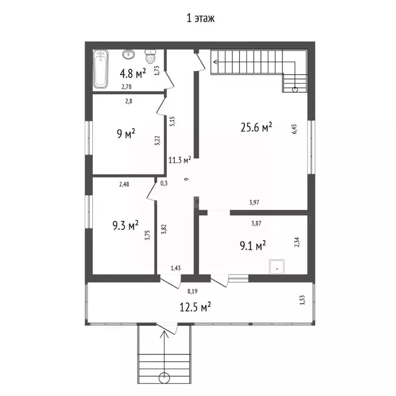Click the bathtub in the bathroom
101,69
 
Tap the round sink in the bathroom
128,54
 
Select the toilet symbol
150,56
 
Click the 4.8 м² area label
133,73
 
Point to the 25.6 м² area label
256,127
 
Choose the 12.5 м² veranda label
195,307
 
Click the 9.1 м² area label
253,245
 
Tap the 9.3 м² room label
125,225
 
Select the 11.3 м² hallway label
179,160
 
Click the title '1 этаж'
201,19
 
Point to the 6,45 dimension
294,129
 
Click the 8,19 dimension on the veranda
192,291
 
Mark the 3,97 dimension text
254,202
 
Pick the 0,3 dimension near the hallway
164,184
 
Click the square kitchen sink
277,267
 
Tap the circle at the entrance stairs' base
164,378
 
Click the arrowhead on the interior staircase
215,62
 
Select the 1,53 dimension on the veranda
302,300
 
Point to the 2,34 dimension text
297,242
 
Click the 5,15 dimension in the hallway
172,121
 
